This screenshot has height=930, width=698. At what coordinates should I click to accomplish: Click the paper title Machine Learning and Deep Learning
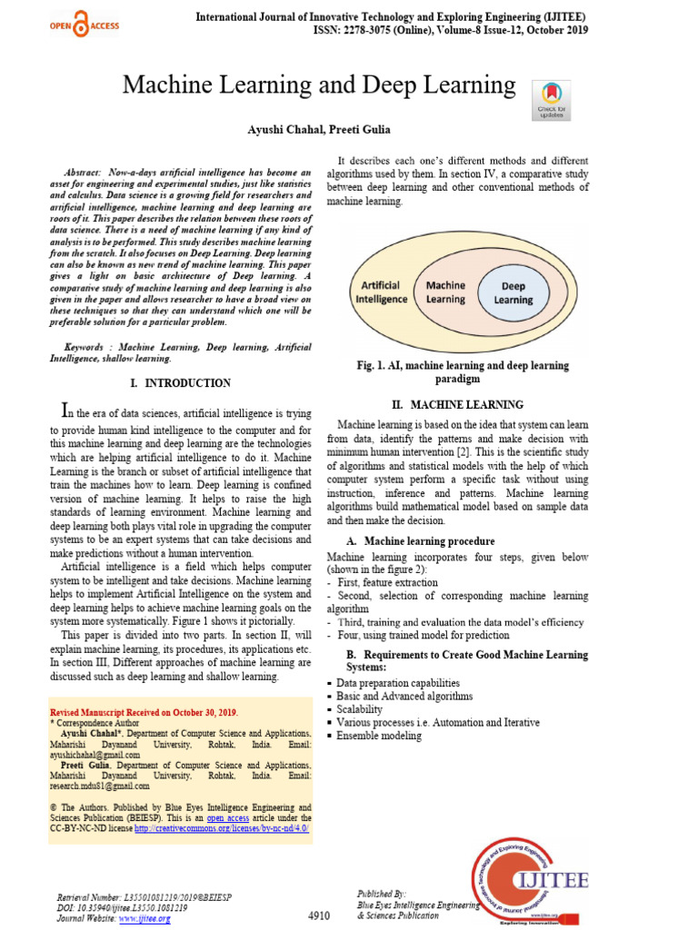319,85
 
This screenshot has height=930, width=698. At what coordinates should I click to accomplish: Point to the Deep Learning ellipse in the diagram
513,292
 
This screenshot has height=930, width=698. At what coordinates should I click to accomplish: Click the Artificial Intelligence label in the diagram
381,292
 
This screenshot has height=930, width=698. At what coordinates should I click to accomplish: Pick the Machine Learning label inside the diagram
445,292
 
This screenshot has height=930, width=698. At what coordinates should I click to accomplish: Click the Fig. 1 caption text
463,371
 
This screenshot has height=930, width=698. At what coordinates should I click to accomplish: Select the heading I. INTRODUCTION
181,383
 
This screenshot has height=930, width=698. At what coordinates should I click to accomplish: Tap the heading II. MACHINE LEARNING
463,404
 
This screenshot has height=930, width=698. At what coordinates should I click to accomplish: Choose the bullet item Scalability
359,709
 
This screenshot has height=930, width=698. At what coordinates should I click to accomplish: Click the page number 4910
318,915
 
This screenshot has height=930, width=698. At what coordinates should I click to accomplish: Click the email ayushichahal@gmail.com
95,755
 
